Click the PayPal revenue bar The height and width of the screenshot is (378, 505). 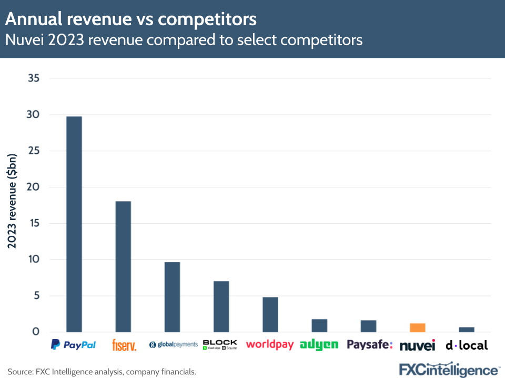click(74, 224)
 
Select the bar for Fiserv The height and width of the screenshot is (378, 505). click(123, 266)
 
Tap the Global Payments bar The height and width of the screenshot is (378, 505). click(172, 297)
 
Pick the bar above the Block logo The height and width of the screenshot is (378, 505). click(221, 306)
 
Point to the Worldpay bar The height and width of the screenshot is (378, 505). click(270, 314)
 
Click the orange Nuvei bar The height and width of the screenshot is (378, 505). click(418, 328)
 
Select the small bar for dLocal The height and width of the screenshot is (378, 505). click(467, 330)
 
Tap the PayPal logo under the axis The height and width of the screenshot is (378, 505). click(74, 345)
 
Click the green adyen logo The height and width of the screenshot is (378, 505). click(319, 345)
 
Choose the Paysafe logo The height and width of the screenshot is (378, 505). click(370, 345)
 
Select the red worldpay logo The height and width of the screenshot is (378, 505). click(270, 345)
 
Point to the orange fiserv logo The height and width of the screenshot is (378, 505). click(124, 345)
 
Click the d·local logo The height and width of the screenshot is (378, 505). click(467, 345)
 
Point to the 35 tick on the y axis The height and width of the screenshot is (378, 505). click(34, 79)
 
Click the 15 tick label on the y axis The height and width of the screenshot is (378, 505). click(34, 223)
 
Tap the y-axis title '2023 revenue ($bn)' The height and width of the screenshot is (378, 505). click(12, 201)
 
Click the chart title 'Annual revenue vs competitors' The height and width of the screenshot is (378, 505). click(131, 19)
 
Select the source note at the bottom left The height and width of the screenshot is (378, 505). click(102, 372)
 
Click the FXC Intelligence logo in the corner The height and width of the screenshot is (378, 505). click(449, 370)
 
